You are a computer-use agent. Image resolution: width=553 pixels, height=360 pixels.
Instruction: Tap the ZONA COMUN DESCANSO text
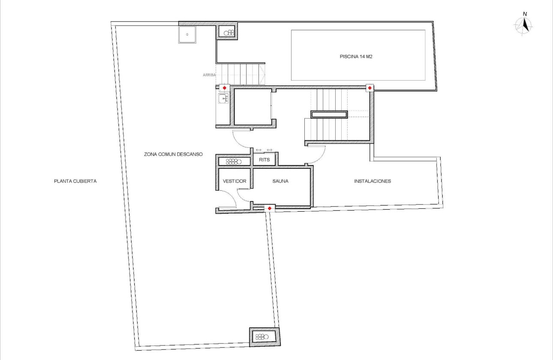pyautogui.click(x=173, y=154)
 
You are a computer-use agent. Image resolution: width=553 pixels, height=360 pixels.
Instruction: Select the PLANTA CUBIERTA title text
pyautogui.click(x=75, y=181)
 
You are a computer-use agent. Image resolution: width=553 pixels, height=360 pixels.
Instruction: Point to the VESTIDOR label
pyautogui.click(x=234, y=181)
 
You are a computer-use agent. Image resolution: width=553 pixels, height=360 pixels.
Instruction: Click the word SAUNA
pyautogui.click(x=280, y=181)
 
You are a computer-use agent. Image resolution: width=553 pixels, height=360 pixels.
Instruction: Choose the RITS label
pyautogui.click(x=264, y=160)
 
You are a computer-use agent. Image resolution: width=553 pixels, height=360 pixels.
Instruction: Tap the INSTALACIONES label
pyautogui.click(x=372, y=181)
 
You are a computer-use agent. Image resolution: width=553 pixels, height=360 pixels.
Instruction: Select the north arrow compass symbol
pyautogui.click(x=524, y=25)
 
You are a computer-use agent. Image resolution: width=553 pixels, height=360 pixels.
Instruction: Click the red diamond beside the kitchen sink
pyautogui.click(x=224, y=88)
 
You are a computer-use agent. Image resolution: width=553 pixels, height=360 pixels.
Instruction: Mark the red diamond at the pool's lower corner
pyautogui.click(x=369, y=88)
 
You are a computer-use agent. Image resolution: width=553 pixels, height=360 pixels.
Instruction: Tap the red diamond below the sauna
pyautogui.click(x=269, y=208)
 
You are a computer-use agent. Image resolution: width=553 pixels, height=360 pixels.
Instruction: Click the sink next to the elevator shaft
pyautogui.click(x=223, y=99)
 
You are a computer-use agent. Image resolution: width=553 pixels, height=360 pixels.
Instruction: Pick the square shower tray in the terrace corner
pyautogui.click(x=187, y=35)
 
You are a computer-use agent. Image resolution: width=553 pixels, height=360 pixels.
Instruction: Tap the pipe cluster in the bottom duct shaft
pyautogui.click(x=264, y=336)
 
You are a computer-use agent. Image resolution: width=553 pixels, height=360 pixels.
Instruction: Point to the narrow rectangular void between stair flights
pyautogui.click(x=329, y=114)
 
